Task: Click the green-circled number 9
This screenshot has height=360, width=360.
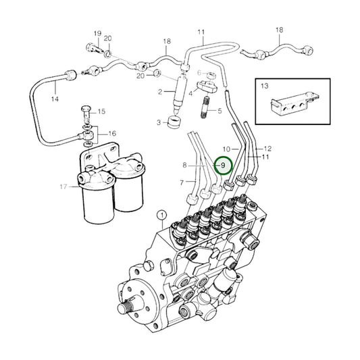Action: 223,164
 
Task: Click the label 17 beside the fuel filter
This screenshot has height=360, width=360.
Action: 63,186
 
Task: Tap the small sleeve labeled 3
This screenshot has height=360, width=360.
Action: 175,122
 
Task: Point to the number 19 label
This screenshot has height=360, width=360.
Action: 97,33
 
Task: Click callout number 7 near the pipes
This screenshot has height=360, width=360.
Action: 181,183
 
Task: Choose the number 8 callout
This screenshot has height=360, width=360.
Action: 185,164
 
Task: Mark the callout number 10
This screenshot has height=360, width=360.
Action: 228,148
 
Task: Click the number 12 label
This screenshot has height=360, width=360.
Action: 267,148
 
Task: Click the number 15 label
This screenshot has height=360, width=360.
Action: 102,111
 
